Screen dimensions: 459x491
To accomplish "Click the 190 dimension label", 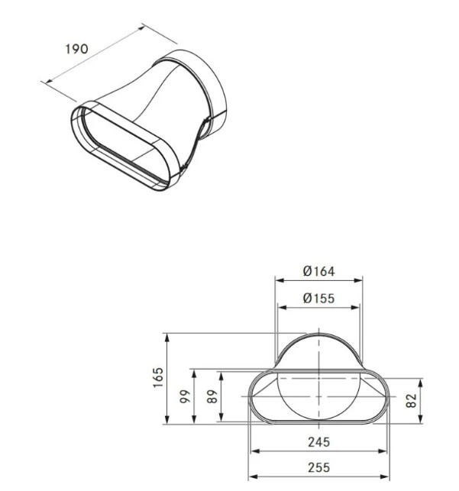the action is tap(76, 49).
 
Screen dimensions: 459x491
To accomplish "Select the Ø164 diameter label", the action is tap(318, 271).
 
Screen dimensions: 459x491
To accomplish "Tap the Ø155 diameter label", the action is tap(318, 298).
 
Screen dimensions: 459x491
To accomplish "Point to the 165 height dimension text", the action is tap(158, 377).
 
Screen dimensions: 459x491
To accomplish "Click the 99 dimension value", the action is tap(185, 396).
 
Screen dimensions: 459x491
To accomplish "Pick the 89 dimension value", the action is tap(212, 396).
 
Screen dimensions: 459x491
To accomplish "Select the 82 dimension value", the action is tap(412, 400).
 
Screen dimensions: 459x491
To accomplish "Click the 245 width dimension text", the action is tap(318, 442).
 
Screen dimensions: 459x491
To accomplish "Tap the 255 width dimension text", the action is tap(318, 467).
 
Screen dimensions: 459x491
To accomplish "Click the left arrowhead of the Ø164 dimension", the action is tap(280, 280).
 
